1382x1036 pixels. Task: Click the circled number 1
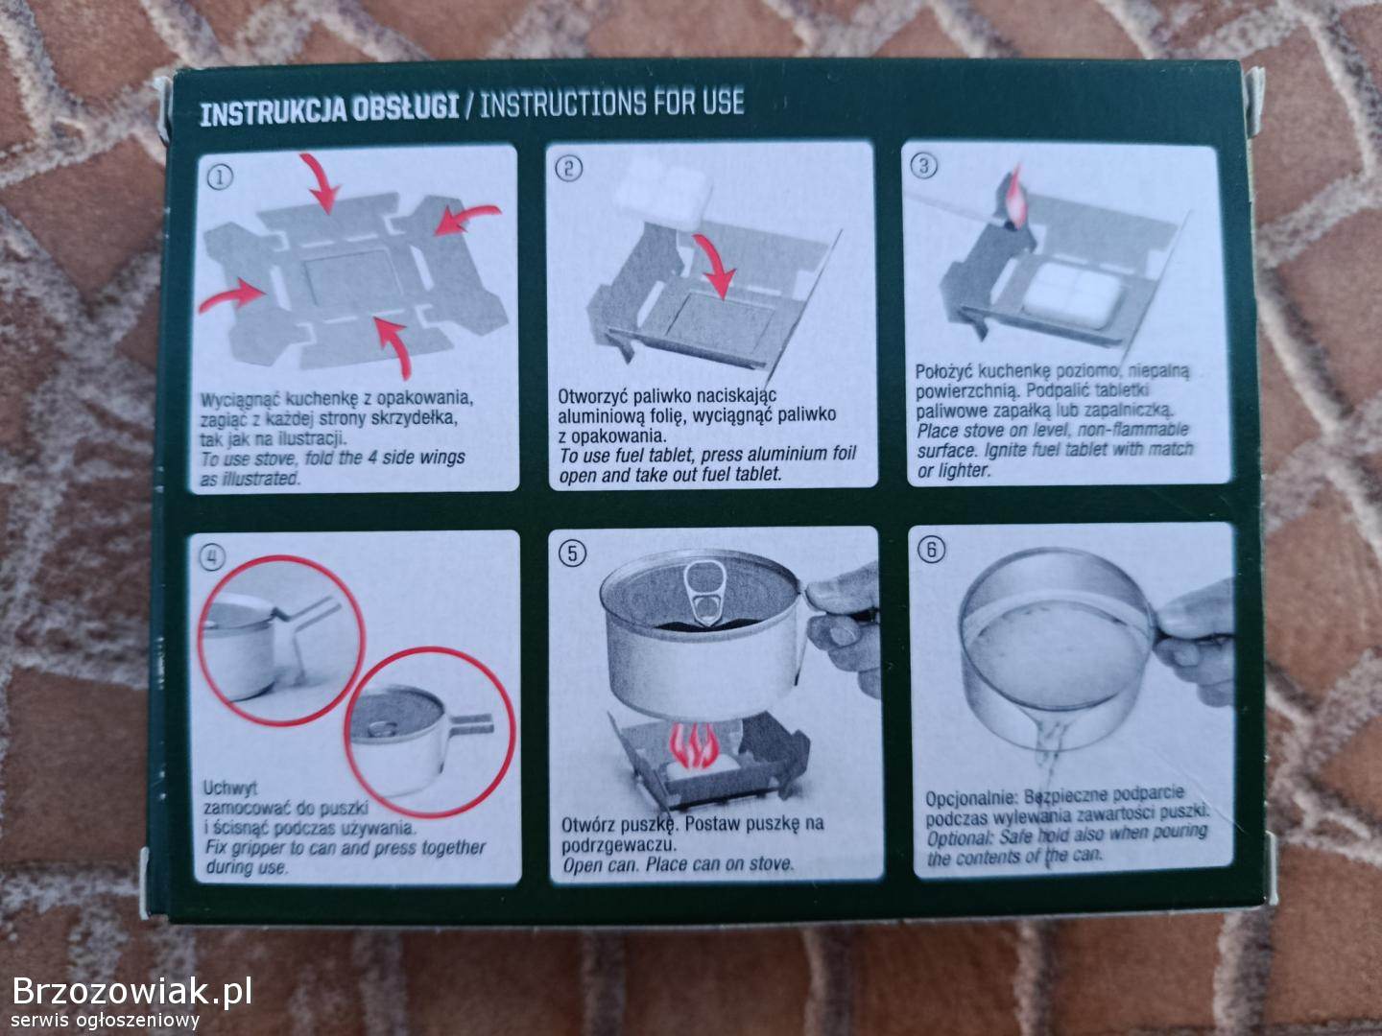coord(220,177)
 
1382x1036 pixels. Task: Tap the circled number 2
coord(568,169)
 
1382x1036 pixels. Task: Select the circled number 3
coord(923,166)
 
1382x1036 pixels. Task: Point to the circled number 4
coord(211,557)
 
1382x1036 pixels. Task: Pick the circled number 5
coord(572,553)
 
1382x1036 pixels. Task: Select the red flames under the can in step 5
coord(693,746)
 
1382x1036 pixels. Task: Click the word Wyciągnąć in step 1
coord(240,400)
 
